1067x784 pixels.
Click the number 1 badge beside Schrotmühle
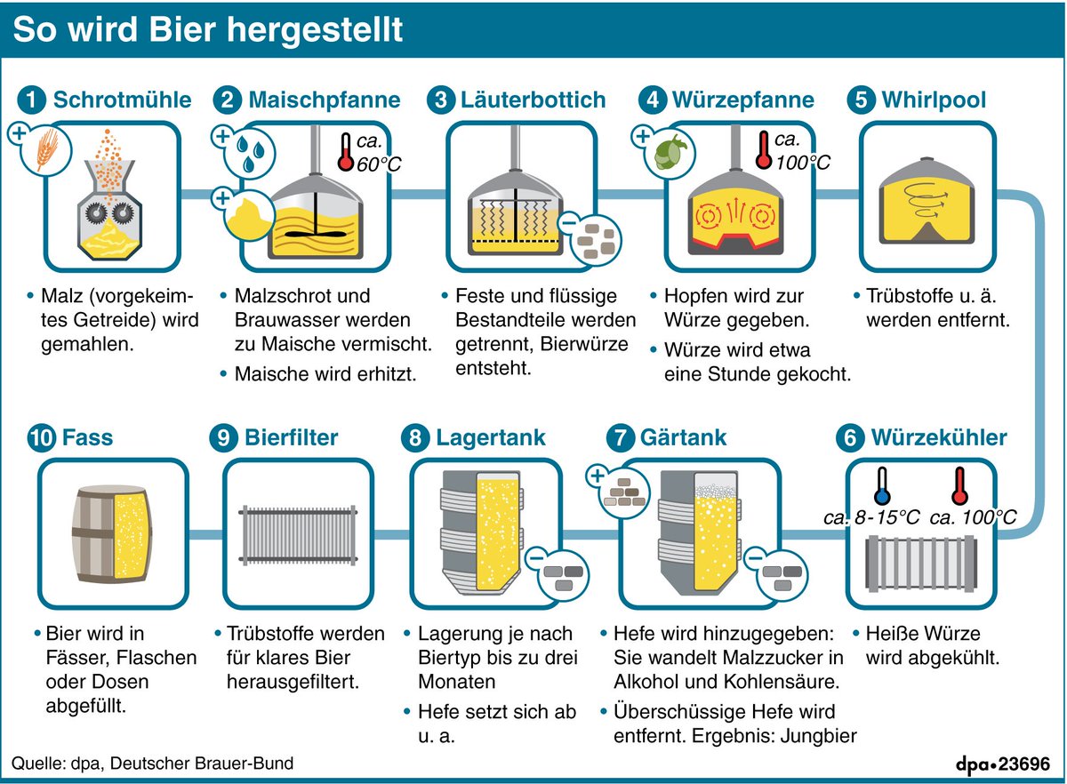coord(33,100)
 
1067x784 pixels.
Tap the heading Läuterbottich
coord(533,100)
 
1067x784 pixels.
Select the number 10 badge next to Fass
coord(42,437)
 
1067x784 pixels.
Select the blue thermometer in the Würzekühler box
coord(882,487)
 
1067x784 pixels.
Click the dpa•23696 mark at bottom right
coord(1002,764)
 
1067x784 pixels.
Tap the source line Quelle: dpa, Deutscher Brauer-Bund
coord(152,764)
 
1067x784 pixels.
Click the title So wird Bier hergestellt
coord(208,30)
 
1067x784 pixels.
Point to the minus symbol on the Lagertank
coord(536,559)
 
